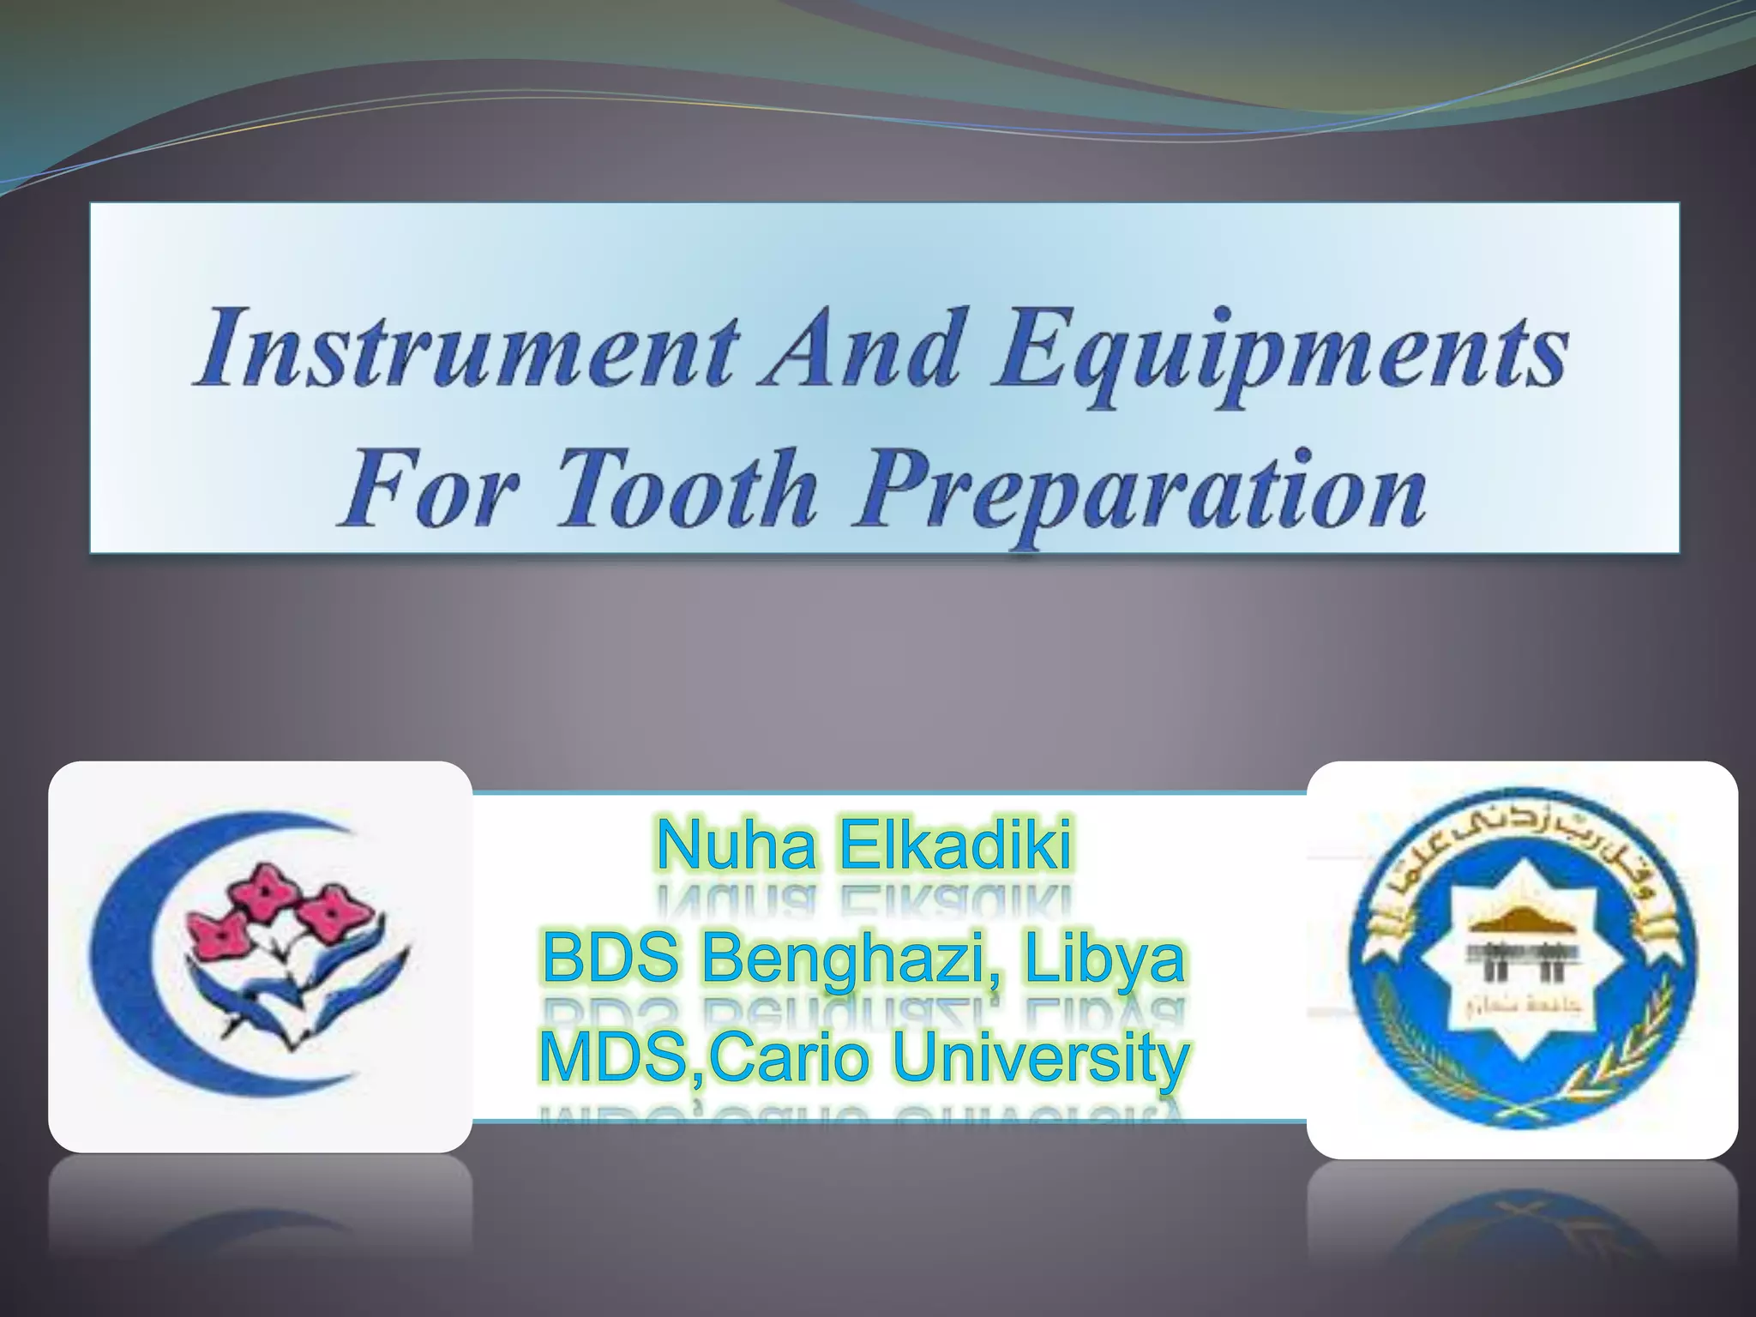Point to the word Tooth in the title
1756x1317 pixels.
click(x=686, y=489)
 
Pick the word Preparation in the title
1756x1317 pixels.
click(x=1140, y=493)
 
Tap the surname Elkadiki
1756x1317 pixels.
click(x=955, y=845)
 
